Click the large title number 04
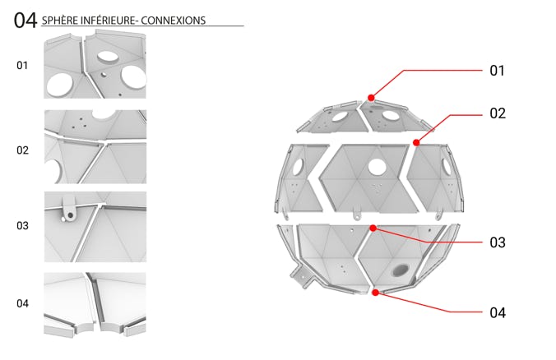(x=25, y=21)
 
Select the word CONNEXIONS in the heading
(x=173, y=21)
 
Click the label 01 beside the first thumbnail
(x=22, y=65)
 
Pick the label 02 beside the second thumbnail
(x=22, y=150)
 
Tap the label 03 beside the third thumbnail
(x=22, y=225)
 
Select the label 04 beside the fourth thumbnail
(x=22, y=303)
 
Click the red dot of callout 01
(x=371, y=98)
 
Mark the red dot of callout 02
(x=416, y=142)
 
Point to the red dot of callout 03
(x=373, y=228)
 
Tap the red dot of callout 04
(x=376, y=293)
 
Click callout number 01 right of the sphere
(x=497, y=71)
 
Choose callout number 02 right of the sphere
(x=498, y=113)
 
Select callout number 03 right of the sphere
(x=498, y=242)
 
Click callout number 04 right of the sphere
(x=498, y=313)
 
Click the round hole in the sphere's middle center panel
(x=377, y=167)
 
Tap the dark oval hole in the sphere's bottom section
(x=401, y=270)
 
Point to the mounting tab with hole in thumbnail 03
(x=69, y=211)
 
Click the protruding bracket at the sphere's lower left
(x=302, y=275)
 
